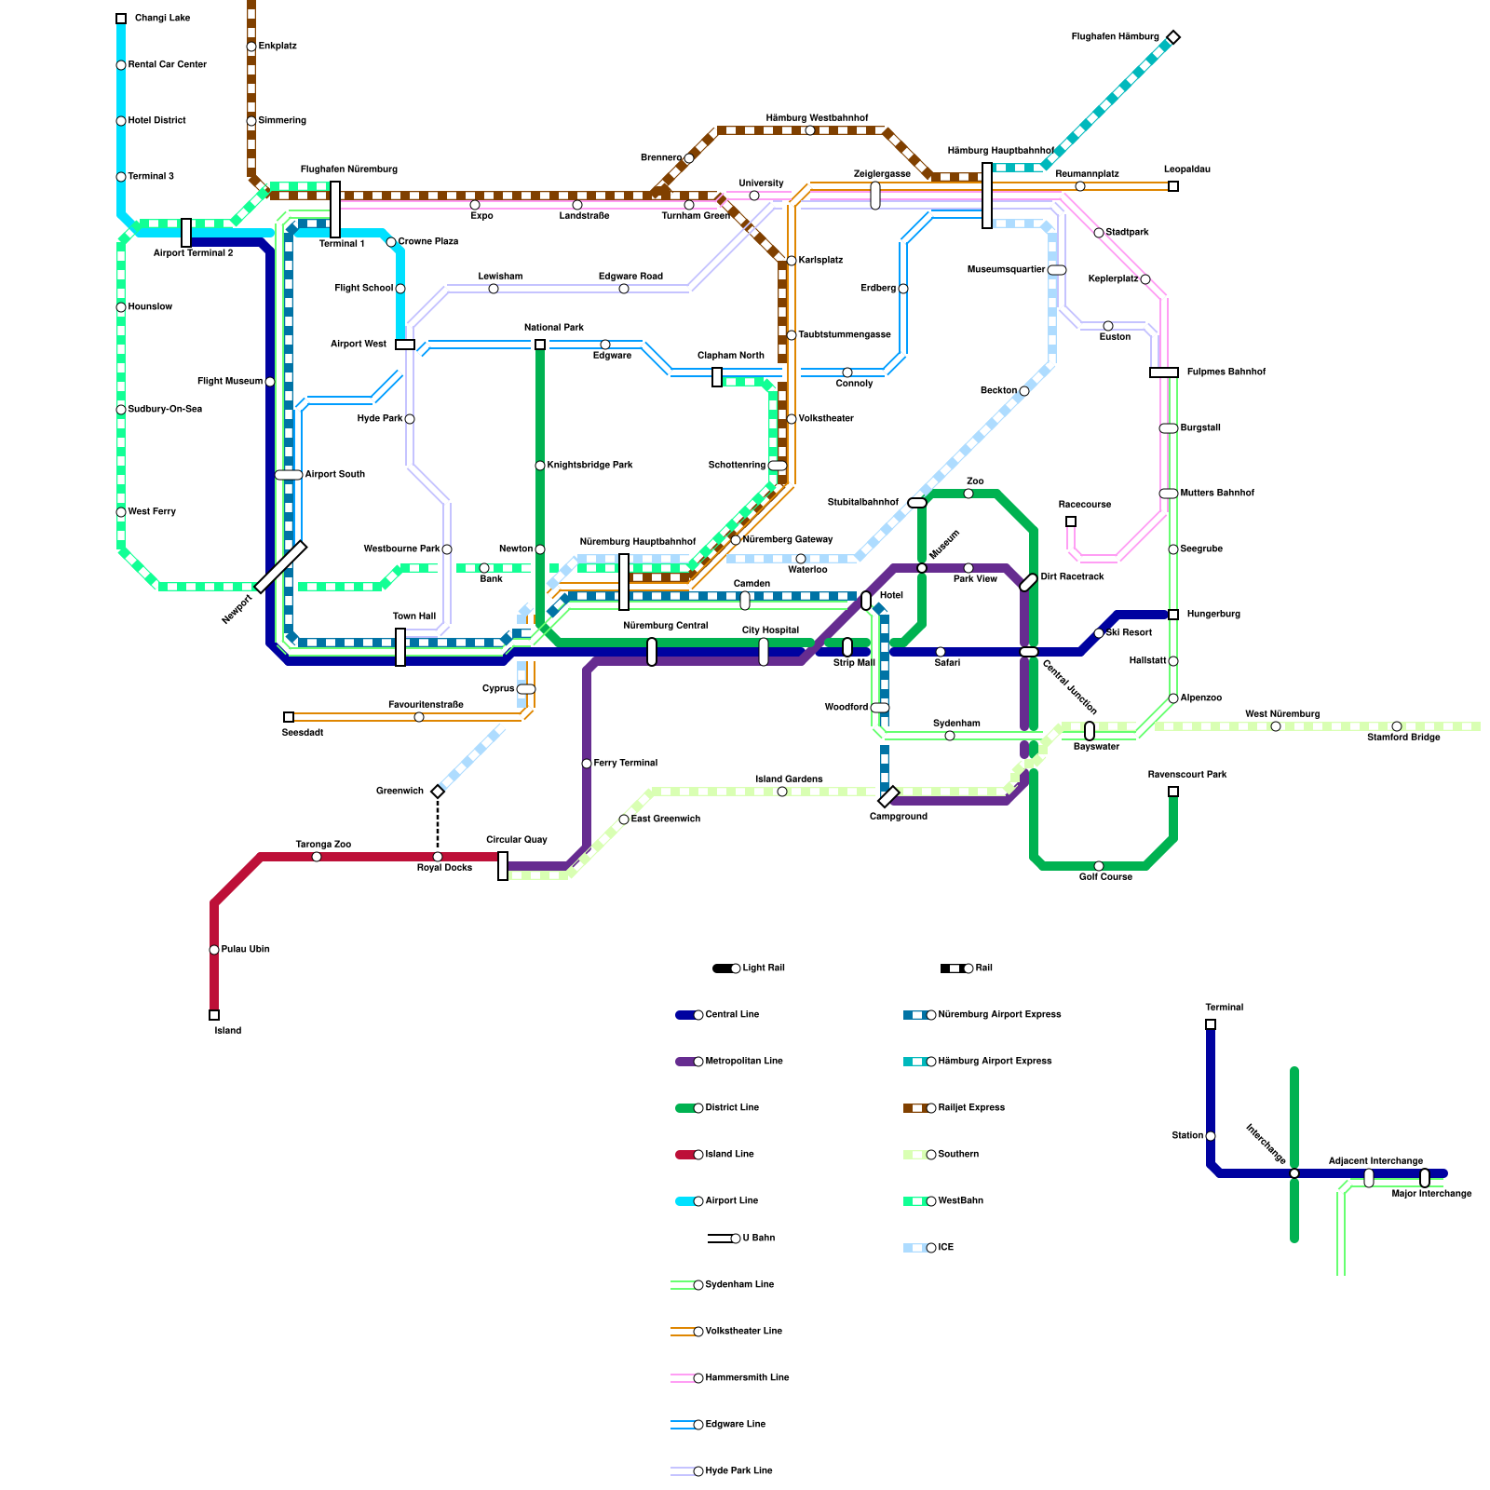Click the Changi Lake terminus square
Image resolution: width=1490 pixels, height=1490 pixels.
(121, 19)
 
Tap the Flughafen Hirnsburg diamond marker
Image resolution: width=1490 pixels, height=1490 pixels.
(1173, 37)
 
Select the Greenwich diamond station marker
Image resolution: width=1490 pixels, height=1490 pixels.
(438, 792)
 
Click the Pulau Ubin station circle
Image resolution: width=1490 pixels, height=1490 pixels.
(214, 950)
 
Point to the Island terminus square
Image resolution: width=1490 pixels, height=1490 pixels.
(214, 1015)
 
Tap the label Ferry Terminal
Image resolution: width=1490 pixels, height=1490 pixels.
(625, 764)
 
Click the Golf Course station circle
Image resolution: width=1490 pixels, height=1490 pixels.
(1099, 866)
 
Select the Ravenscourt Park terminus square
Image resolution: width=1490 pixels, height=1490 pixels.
(1173, 792)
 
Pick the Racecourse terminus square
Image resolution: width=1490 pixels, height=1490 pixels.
(1071, 521)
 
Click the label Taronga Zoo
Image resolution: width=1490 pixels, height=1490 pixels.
(323, 845)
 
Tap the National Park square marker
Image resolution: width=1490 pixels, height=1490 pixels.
(540, 345)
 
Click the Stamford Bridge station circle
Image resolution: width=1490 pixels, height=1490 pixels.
(1397, 726)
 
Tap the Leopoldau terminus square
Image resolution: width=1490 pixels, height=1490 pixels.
(1173, 186)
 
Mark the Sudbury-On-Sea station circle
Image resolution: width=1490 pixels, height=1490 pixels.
(121, 410)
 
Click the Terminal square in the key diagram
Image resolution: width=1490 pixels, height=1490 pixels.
(1211, 1024)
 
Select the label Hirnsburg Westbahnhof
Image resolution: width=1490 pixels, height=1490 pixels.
(817, 118)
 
